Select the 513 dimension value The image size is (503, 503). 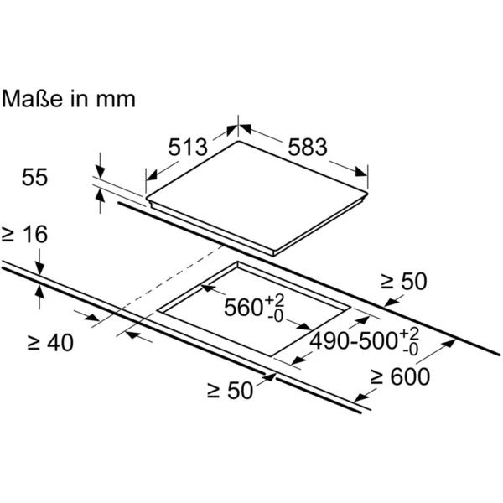(x=189, y=148)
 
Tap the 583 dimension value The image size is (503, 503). (x=308, y=148)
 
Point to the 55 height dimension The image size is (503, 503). (x=34, y=177)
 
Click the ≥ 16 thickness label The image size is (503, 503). (x=24, y=234)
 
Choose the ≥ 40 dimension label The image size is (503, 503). (x=50, y=343)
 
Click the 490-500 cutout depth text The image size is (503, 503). (x=354, y=340)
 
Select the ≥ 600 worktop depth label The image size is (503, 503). (x=401, y=376)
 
